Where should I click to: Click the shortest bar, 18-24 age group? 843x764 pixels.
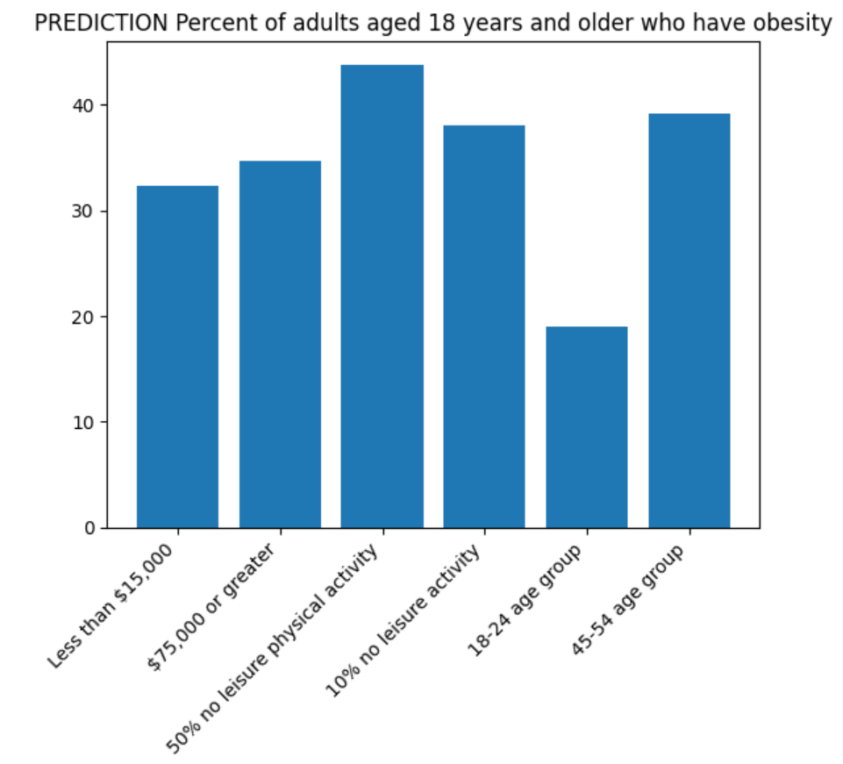[587, 427]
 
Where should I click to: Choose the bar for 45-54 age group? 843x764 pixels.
[689, 321]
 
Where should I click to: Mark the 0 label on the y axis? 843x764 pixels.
[88, 528]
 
